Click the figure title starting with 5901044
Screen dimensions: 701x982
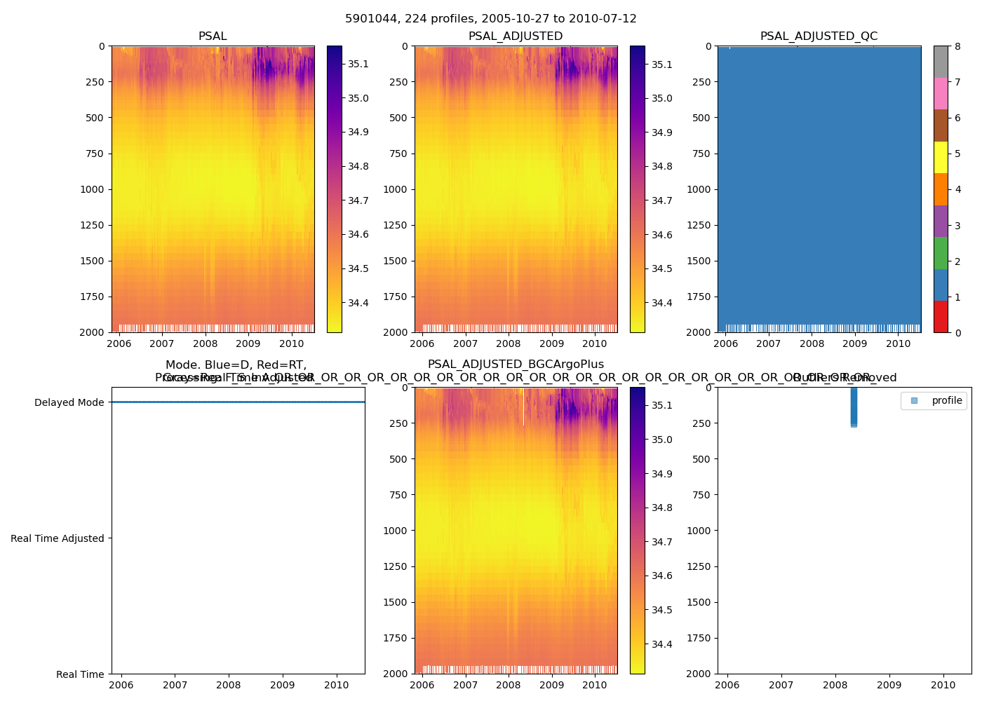(x=490, y=19)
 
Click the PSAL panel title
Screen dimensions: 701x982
(x=213, y=36)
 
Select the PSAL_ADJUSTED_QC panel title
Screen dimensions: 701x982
(x=819, y=36)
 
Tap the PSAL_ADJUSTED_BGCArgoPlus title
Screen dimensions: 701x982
(x=516, y=365)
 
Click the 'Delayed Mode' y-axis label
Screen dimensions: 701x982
(x=69, y=402)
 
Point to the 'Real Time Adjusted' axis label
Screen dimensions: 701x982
(x=58, y=538)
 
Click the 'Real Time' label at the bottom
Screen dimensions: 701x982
(x=80, y=674)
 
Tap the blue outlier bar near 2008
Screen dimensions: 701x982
(x=854, y=407)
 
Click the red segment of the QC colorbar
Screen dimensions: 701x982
(x=941, y=317)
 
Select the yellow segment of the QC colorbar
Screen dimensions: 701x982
(x=941, y=157)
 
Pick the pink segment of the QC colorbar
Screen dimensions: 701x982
(x=941, y=93)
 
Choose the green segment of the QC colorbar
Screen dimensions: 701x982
(x=941, y=253)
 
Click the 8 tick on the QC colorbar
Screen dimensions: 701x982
(x=957, y=47)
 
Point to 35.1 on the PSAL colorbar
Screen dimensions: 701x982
(x=358, y=64)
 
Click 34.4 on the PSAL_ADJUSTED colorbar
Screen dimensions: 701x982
(x=661, y=303)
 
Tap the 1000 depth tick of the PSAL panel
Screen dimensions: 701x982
(x=93, y=189)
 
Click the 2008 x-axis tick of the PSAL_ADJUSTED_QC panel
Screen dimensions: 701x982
(x=812, y=343)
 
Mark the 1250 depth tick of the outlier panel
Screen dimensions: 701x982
(x=699, y=566)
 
